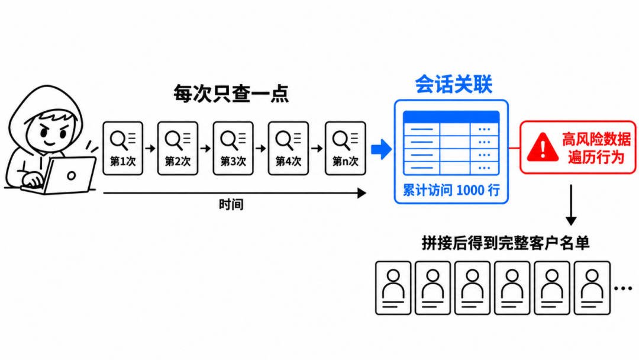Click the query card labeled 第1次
click(x=122, y=149)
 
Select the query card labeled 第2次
click(x=177, y=149)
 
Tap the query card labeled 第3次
click(x=233, y=149)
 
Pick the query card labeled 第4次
click(x=288, y=149)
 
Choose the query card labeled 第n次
click(x=345, y=149)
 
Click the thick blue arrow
click(x=382, y=149)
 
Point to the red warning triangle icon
click(x=543, y=147)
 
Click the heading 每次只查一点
click(x=231, y=94)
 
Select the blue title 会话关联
click(x=454, y=85)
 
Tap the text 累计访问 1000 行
click(x=451, y=190)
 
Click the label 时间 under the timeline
click(x=231, y=204)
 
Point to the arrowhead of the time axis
click(x=362, y=193)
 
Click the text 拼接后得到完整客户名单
click(x=505, y=243)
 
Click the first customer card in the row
click(x=393, y=288)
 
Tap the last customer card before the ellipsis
click(x=592, y=288)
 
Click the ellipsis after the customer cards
click(x=622, y=288)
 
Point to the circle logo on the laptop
click(x=72, y=176)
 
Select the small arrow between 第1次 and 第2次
click(x=150, y=149)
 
